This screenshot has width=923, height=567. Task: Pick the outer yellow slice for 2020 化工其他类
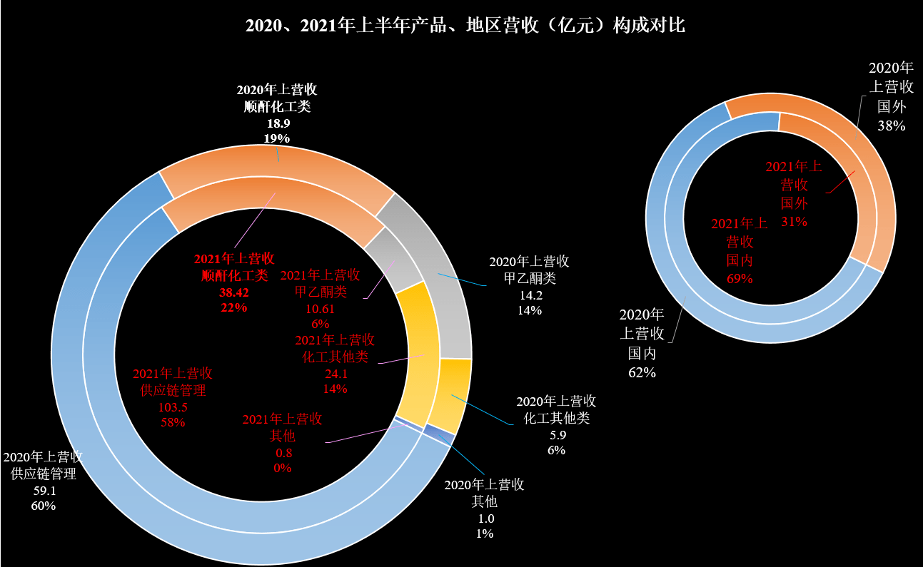point(453,396)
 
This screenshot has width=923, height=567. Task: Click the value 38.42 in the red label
point(233,292)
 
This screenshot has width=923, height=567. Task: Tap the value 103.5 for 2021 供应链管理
point(173,407)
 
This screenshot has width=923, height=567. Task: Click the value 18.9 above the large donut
point(278,123)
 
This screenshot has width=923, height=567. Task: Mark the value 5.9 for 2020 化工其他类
point(556,434)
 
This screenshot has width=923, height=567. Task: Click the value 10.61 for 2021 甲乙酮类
point(319,308)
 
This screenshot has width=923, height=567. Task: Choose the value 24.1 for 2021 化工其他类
point(335,373)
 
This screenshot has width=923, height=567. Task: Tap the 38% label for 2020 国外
point(891,126)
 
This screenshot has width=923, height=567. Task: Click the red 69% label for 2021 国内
point(740,278)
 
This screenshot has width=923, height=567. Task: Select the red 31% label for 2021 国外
point(794,221)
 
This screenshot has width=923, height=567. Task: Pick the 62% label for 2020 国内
point(642,372)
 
